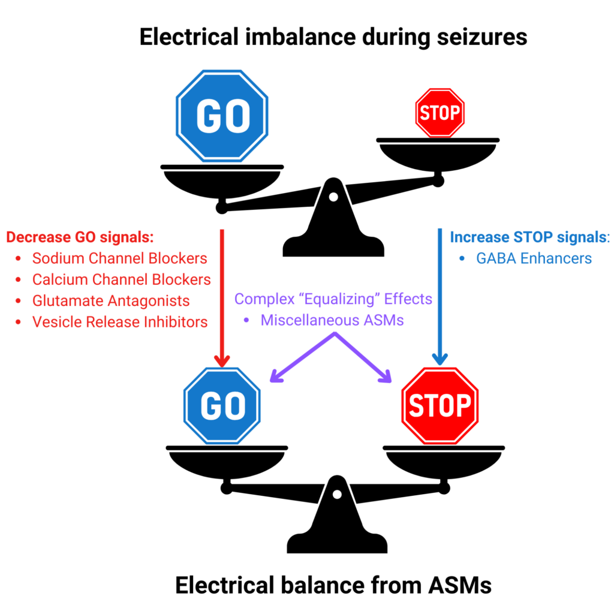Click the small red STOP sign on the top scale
[x=440, y=113]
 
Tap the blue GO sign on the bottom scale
[x=222, y=405]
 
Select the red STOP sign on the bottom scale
[x=440, y=405]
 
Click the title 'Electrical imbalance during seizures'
[x=333, y=37]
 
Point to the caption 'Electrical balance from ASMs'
[x=333, y=585]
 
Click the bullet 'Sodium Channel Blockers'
[x=119, y=258]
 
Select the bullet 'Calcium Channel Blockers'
[x=121, y=279]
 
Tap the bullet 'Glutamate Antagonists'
[x=111, y=300]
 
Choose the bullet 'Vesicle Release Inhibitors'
[x=120, y=321]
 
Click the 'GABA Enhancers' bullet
[x=534, y=258]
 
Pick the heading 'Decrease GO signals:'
[x=80, y=237]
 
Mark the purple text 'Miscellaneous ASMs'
[x=332, y=320]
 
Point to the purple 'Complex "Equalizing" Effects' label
[x=333, y=299]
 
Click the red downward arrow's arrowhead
[x=222, y=361]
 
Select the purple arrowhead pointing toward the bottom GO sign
[x=276, y=376]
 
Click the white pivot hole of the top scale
[x=333, y=197]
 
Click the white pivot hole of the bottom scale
[x=337, y=495]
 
